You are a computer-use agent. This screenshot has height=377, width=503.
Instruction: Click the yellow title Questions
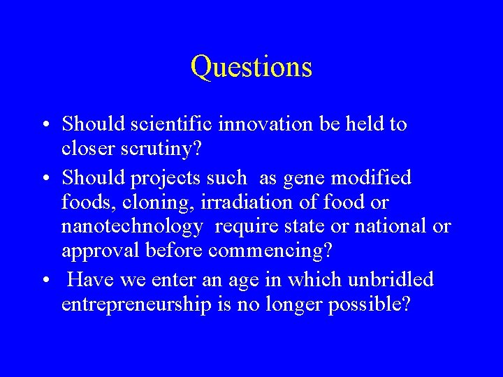tap(251, 67)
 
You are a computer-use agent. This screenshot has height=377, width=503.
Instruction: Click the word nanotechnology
tap(132, 227)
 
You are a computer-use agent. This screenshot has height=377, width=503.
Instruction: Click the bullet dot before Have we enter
tap(45, 281)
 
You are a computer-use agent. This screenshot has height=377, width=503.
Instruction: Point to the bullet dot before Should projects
tap(45, 179)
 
